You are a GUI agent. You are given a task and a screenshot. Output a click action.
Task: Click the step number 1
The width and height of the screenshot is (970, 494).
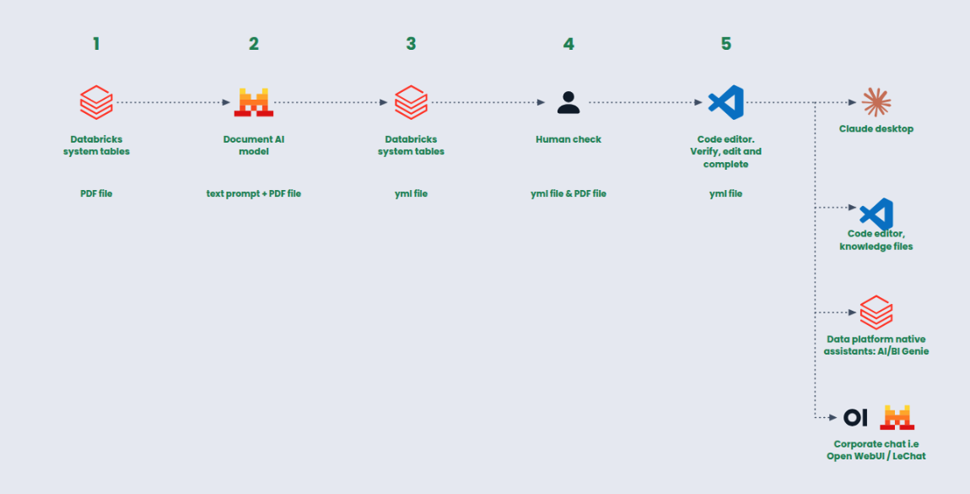[96, 44]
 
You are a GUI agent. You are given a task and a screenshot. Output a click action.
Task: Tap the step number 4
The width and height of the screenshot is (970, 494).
[569, 44]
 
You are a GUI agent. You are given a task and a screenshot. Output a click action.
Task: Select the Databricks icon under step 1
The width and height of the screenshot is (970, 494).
[96, 102]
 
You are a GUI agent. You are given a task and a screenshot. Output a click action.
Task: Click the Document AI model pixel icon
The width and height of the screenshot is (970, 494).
[254, 102]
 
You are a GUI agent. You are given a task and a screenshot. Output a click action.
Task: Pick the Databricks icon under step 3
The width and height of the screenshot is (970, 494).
[412, 102]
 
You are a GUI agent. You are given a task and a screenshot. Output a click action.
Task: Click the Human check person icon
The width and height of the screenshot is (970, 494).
[569, 102]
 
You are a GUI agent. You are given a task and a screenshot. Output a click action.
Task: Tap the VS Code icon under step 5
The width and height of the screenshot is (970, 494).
[725, 102]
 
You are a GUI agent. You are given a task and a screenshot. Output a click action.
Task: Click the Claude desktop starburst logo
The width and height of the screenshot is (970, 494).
[876, 102]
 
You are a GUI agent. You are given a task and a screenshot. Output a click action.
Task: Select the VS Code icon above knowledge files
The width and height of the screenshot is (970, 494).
[876, 214]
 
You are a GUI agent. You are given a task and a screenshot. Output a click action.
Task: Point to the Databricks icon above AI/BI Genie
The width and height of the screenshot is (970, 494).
[876, 312]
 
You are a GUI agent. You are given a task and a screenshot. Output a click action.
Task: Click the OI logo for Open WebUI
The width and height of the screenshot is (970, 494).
[855, 418]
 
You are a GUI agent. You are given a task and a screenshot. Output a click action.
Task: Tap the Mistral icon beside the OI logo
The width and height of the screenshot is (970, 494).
[897, 417]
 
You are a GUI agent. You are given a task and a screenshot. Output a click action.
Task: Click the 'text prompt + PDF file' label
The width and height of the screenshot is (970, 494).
[254, 193]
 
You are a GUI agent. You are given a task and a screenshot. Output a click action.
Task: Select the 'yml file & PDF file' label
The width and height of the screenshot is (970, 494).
[569, 193]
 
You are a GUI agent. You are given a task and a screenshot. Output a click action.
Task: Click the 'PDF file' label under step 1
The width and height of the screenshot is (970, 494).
[96, 193]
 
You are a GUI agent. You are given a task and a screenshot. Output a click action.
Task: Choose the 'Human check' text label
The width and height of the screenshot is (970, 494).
[569, 139]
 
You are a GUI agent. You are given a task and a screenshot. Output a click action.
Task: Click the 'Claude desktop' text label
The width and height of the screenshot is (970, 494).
[876, 128]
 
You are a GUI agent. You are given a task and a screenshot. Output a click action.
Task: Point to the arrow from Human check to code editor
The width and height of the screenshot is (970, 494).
[645, 102]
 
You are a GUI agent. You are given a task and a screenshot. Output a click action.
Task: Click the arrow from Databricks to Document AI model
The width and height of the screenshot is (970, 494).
[173, 102]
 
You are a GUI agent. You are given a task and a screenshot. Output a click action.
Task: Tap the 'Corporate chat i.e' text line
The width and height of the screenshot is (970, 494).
[876, 444]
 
